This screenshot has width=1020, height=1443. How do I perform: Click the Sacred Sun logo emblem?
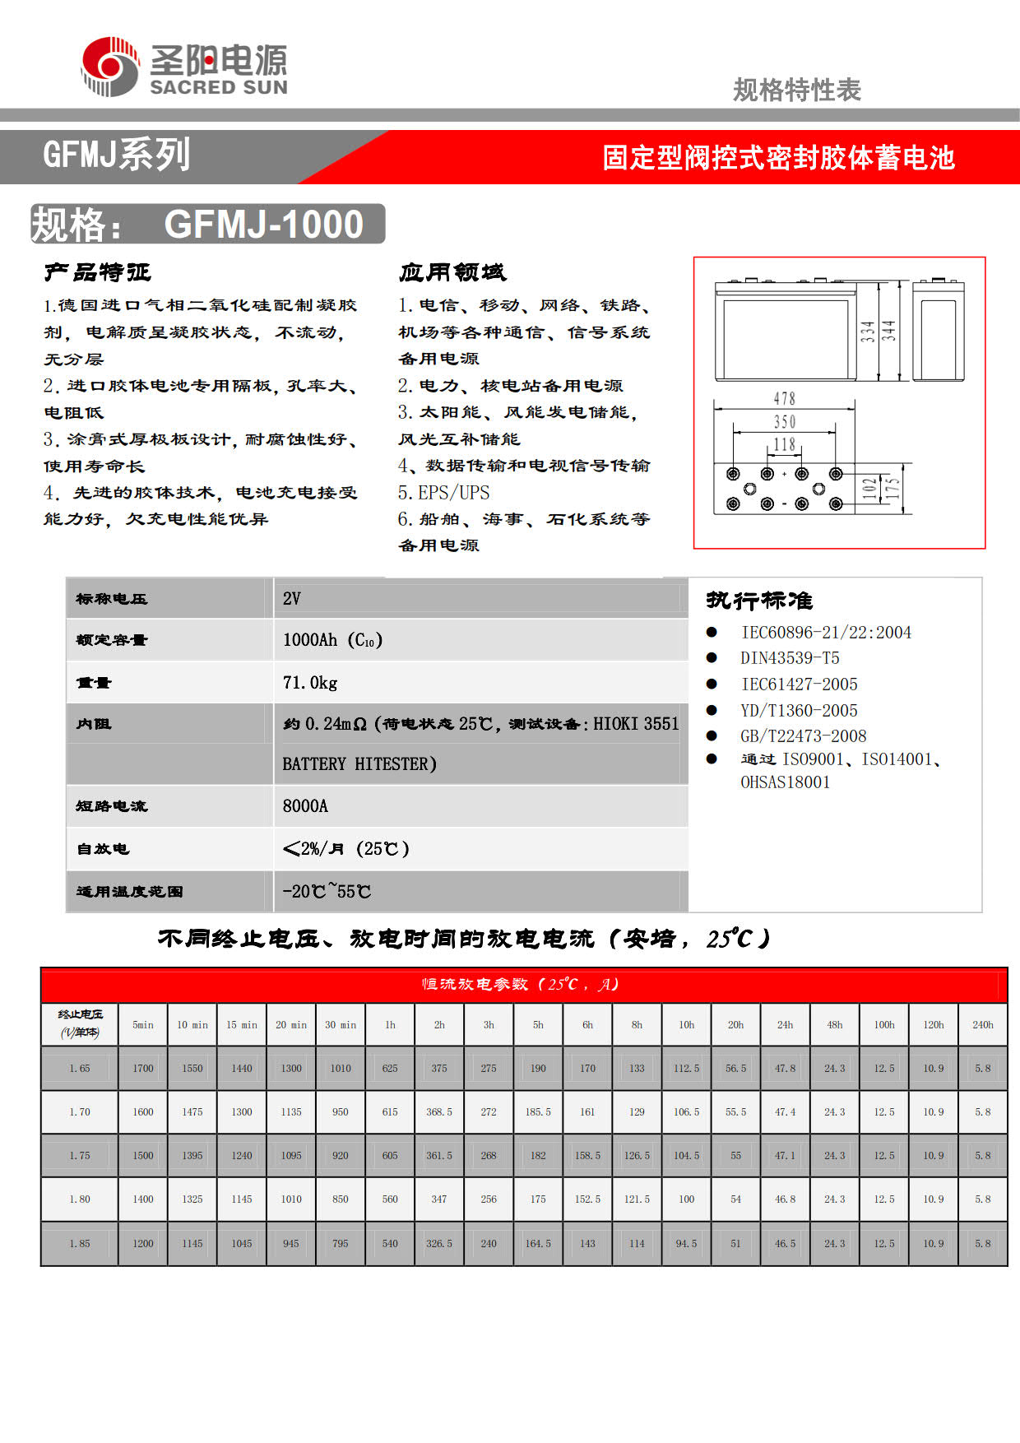(110, 67)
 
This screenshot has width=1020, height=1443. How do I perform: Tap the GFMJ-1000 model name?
(263, 225)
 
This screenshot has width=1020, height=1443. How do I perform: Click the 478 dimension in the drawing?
(784, 399)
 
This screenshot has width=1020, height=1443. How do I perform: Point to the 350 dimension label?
(784, 422)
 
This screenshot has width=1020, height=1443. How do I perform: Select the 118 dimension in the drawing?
(784, 445)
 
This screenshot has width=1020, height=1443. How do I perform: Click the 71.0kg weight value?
(310, 683)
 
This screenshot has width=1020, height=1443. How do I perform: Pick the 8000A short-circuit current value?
(305, 806)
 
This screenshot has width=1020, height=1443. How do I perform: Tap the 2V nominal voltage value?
(292, 599)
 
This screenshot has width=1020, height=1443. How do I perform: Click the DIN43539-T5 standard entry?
(790, 658)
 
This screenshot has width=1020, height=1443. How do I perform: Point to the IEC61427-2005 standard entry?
(799, 684)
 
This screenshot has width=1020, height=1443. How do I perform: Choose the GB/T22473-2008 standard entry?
(803, 736)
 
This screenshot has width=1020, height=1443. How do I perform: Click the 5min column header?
(143, 1025)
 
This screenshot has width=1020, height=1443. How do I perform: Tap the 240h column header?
(983, 1025)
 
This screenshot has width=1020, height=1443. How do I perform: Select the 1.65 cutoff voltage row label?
(80, 1069)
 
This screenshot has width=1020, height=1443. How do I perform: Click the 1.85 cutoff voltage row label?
(80, 1244)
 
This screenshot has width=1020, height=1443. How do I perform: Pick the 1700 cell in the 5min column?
(143, 1069)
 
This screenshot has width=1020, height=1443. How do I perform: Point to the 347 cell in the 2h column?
(439, 1199)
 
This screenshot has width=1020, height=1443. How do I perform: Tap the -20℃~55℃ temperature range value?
(327, 892)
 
